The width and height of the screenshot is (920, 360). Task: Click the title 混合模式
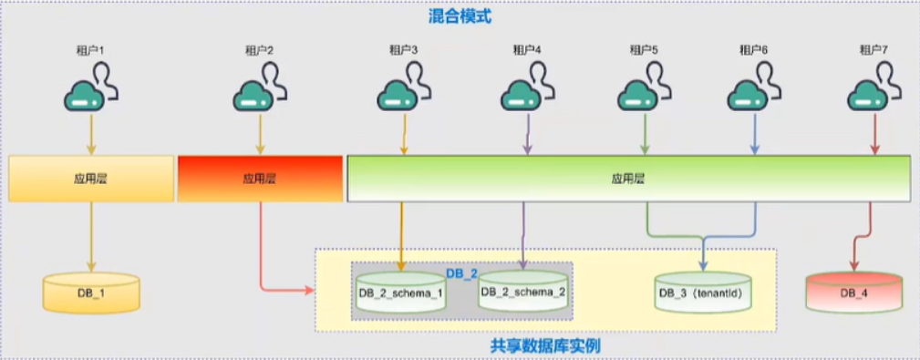(x=460, y=15)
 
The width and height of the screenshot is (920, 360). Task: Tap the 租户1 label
(x=91, y=50)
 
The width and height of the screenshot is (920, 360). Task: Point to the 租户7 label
(x=873, y=50)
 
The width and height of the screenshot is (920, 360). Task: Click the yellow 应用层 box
(x=91, y=179)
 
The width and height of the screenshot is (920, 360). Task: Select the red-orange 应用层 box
(x=260, y=179)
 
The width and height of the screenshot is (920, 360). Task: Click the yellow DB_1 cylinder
(x=91, y=292)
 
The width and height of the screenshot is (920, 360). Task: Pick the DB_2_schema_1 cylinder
(x=401, y=292)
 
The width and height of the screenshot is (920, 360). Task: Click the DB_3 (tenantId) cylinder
(x=702, y=292)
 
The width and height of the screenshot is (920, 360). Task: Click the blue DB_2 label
(x=462, y=273)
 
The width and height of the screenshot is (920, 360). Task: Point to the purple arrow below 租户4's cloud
(x=527, y=134)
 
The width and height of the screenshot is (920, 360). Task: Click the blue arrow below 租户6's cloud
(x=755, y=134)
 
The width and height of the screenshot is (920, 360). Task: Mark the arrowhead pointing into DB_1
(x=91, y=267)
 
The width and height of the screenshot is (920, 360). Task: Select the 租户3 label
(x=404, y=50)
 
